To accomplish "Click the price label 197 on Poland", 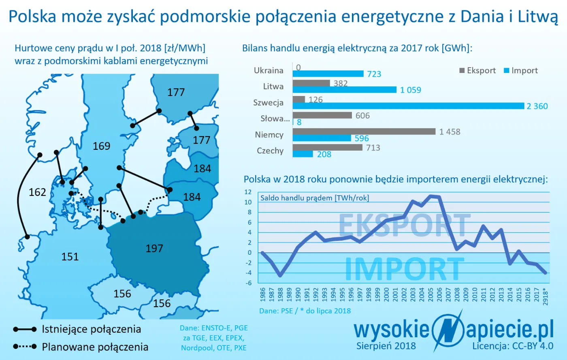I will (154, 249).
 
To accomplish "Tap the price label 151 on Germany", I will (70, 257).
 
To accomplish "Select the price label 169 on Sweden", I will (101, 146).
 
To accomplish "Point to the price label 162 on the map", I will (37, 192).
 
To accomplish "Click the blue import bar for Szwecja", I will (408, 106).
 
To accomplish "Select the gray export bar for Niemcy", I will (364, 132).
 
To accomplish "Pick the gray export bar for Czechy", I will (327, 147).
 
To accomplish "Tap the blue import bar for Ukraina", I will (328, 74).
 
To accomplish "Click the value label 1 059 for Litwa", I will (411, 90).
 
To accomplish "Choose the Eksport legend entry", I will (477, 70).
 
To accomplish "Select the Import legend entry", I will (521, 70).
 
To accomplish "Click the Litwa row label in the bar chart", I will (273, 86).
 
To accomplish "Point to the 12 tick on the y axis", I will (248, 192).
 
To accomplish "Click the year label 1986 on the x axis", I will (263, 294).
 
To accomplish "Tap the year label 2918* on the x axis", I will (546, 296).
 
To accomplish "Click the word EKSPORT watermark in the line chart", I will (404, 226).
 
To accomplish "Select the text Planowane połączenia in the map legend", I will (95, 347).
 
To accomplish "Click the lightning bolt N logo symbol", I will (448, 330).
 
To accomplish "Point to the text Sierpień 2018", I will (386, 346).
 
